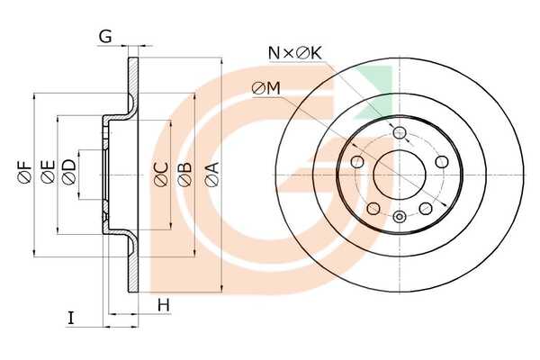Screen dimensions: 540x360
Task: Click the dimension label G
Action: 105,37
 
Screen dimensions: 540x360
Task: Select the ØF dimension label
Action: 25,172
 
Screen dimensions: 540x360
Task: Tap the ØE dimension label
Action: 48,172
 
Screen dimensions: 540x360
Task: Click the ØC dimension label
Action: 161,175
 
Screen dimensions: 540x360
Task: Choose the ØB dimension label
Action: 184,175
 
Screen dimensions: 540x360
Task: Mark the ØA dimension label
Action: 211,175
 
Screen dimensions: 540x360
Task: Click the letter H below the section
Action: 164,305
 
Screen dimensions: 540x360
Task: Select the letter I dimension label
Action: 71,318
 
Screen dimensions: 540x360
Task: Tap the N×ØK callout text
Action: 295,53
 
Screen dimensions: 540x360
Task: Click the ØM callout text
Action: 266,89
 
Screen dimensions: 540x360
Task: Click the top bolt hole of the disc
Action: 400,132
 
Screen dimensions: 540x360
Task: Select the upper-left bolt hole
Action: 357,162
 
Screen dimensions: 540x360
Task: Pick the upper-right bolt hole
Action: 442,162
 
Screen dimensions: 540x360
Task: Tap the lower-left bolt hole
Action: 373,209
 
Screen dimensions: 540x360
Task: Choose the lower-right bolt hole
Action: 426,209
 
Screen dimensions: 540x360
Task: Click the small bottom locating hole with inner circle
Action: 400,217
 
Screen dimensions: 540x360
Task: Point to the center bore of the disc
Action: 400,175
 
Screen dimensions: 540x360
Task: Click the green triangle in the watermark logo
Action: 379,86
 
